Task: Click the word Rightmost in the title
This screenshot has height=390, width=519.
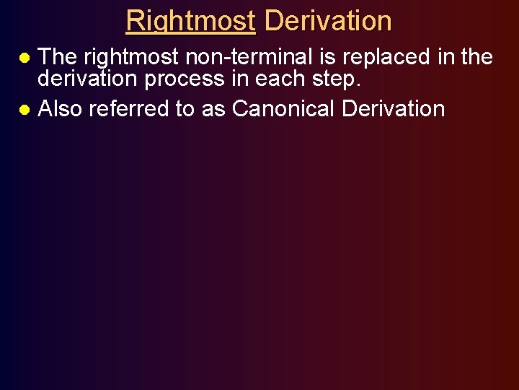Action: (190, 21)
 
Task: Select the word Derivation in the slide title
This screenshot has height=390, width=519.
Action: (328, 21)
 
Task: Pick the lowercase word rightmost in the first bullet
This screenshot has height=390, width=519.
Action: (130, 56)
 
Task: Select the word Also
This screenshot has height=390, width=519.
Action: (60, 109)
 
